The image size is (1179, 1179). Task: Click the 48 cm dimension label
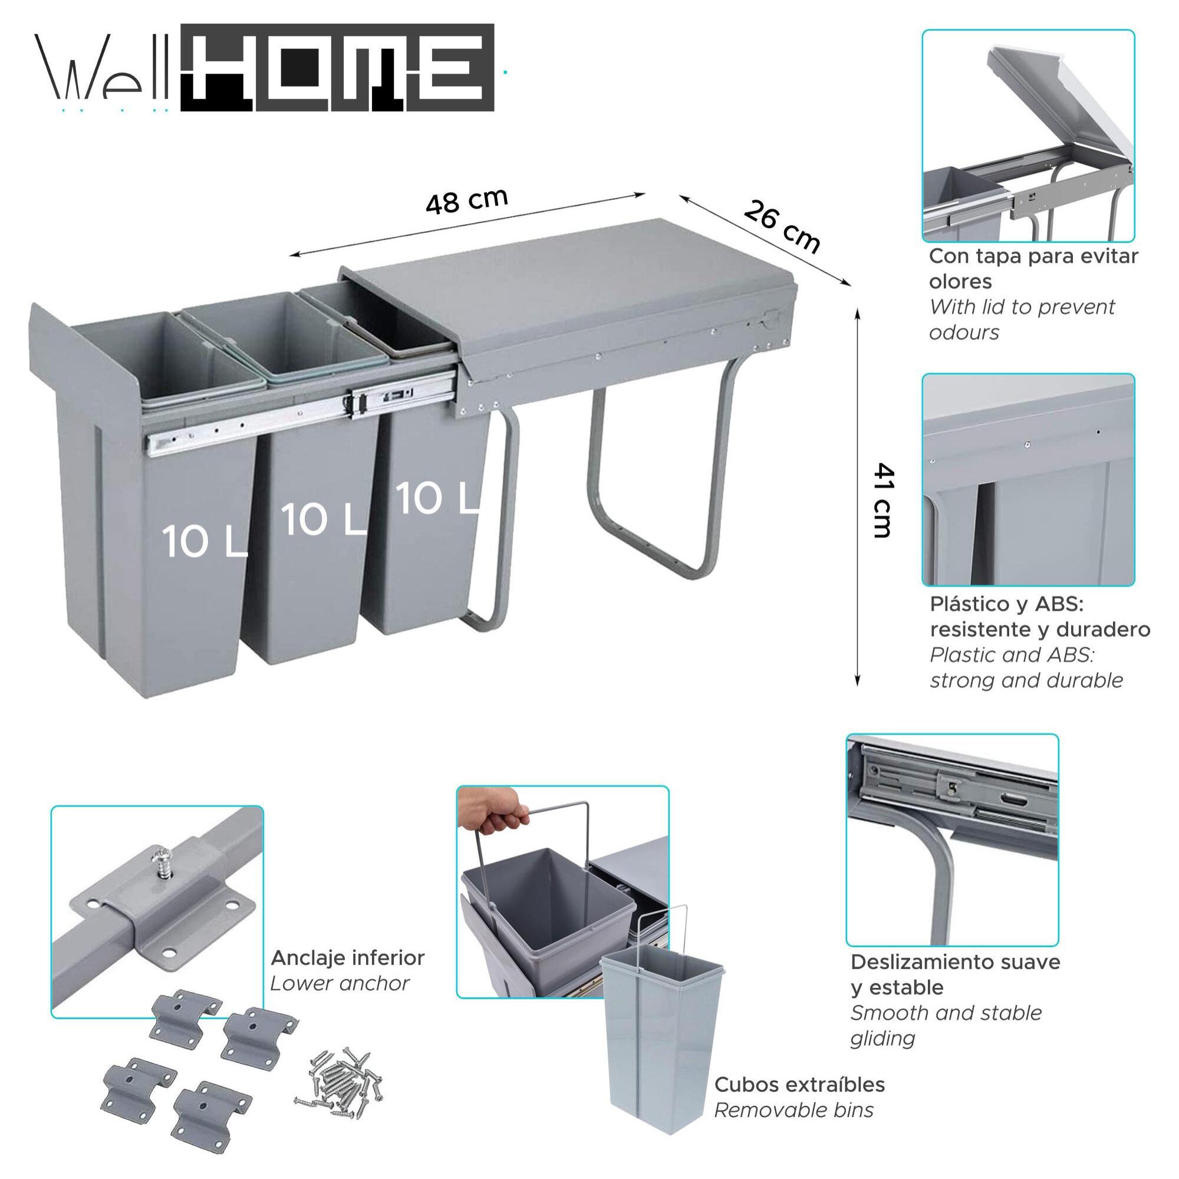tap(466, 201)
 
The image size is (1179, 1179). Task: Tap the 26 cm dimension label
tap(782, 226)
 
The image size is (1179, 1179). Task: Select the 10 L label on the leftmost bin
tap(204, 541)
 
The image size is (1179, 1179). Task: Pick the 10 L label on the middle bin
tap(323, 520)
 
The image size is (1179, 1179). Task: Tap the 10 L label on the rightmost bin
tap(436, 498)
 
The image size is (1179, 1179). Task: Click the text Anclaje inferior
tap(347, 957)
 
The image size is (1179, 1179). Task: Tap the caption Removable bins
tap(793, 1109)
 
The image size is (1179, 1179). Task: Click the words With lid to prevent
tap(1022, 307)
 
